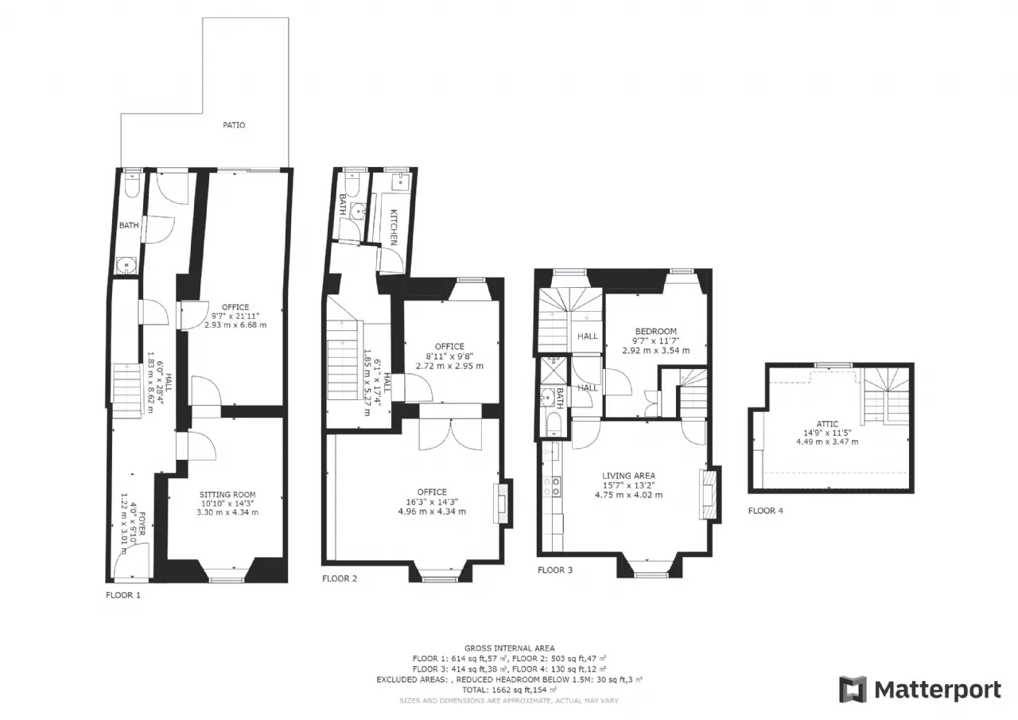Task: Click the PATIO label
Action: [x=234, y=125]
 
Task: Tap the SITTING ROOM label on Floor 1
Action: [x=227, y=495]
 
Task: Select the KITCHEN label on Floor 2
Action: [x=394, y=228]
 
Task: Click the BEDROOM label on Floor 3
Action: [x=656, y=332]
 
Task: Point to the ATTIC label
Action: [x=827, y=423]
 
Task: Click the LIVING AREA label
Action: [x=628, y=476]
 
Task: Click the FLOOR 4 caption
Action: [x=766, y=511]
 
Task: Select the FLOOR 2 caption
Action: [x=340, y=578]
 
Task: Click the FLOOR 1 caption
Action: [x=123, y=595]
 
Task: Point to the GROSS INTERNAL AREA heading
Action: [x=510, y=648]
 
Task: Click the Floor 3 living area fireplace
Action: [x=709, y=495]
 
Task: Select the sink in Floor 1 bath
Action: [x=126, y=266]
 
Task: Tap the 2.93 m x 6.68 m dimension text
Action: [x=235, y=325]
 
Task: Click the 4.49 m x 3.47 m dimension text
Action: [x=827, y=442]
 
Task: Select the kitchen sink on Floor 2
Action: [x=400, y=181]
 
